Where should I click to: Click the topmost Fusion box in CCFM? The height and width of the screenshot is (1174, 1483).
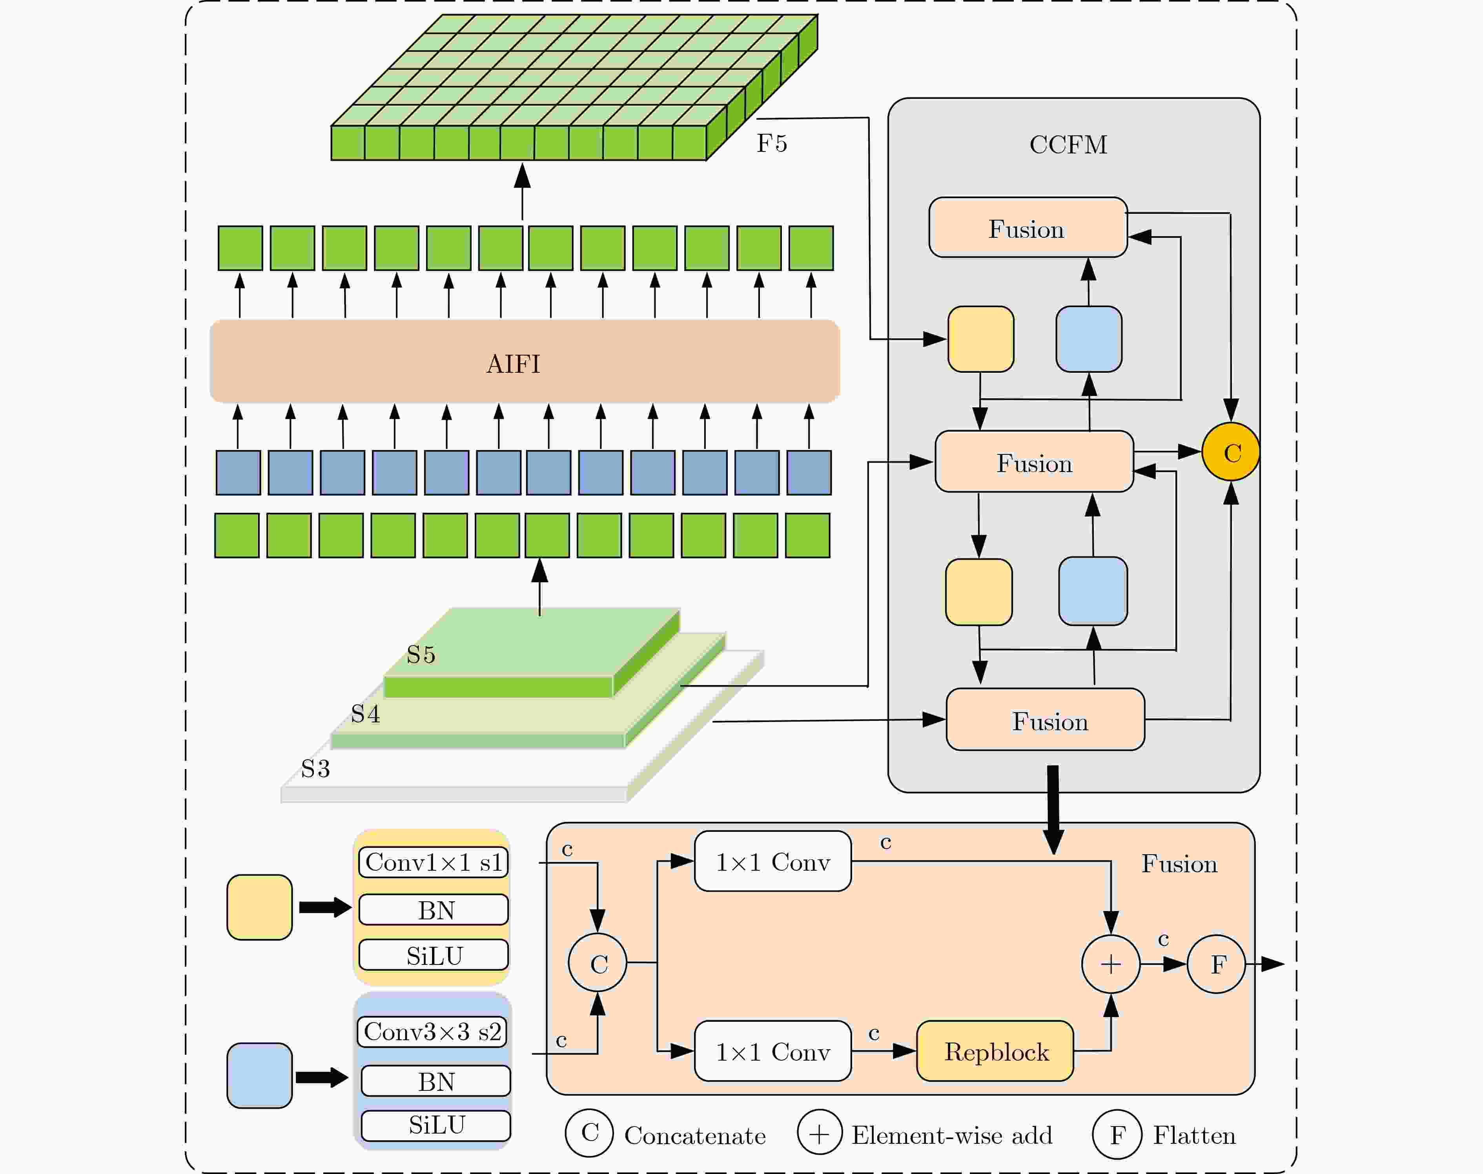point(1028,228)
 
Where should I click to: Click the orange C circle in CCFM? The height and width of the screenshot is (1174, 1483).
point(1231,452)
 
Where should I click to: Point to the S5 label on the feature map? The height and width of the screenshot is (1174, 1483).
point(421,654)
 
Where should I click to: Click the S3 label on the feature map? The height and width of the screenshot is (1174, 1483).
point(315,768)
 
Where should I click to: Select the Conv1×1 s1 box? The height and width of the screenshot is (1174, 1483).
point(434,862)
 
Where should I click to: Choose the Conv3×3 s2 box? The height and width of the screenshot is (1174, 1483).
point(433,1032)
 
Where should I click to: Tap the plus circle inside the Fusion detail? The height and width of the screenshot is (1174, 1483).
point(1111,964)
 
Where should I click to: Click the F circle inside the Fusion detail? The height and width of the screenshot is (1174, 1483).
point(1217,964)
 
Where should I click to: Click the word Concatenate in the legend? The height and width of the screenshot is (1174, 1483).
point(695,1136)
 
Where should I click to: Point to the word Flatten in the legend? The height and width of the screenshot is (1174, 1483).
point(1194,1135)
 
